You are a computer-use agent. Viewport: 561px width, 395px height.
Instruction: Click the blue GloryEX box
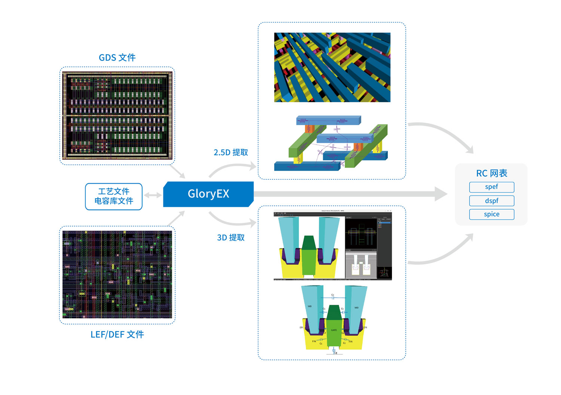[208, 194]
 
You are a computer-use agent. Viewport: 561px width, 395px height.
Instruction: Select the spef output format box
[491, 187]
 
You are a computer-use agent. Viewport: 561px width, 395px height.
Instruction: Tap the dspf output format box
[491, 201]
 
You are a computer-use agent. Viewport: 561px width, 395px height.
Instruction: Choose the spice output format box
[491, 214]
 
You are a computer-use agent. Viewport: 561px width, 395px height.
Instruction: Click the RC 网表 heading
[491, 173]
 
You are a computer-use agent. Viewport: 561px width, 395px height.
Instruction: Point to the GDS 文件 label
[117, 58]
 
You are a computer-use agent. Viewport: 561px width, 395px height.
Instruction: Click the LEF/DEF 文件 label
[117, 334]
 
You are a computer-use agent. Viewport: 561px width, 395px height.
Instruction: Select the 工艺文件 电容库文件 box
[114, 196]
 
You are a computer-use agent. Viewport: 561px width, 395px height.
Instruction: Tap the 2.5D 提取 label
[231, 153]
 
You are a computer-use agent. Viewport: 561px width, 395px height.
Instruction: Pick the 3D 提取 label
[231, 238]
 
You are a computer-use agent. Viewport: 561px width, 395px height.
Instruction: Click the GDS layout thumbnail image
[117, 116]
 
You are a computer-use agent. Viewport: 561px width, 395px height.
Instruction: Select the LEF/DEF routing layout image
[117, 275]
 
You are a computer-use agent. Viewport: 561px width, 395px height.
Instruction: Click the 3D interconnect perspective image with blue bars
[332, 67]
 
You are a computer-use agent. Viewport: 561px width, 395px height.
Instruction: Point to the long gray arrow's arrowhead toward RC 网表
[441, 194]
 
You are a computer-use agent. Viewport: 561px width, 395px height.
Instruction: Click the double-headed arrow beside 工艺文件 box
[153, 195]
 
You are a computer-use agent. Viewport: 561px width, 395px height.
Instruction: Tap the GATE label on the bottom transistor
[334, 330]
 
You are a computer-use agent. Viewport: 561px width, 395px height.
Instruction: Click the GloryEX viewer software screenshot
[332, 246]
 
